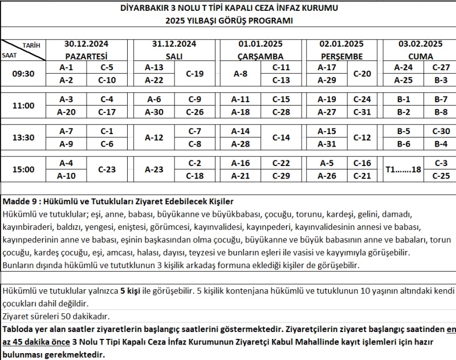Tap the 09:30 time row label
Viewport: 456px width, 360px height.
(x=23, y=74)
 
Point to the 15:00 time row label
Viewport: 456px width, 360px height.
(x=23, y=169)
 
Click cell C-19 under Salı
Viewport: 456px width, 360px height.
(x=195, y=74)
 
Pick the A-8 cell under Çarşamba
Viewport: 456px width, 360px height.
(x=241, y=74)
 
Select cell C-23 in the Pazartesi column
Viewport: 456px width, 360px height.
(x=107, y=169)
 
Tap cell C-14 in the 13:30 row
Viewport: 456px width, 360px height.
(x=282, y=137)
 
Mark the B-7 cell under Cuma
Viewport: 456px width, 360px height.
(x=441, y=99)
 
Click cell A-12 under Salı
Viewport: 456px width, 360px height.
(x=154, y=137)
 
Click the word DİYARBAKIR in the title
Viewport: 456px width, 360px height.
(x=148, y=9)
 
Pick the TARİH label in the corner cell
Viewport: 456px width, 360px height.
(x=31, y=45)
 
